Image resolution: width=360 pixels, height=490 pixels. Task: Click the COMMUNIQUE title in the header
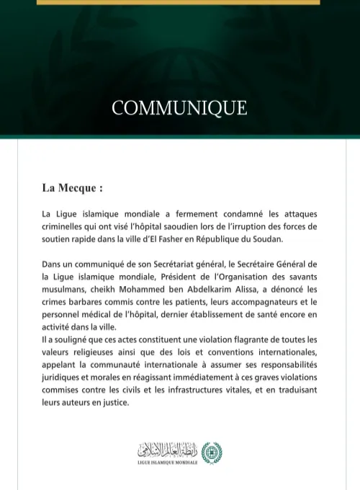[179, 108]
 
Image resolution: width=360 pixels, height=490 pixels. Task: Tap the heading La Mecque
[72, 188]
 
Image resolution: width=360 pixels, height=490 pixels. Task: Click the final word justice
[112, 402]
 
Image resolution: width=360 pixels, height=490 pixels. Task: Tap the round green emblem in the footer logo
[212, 453]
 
